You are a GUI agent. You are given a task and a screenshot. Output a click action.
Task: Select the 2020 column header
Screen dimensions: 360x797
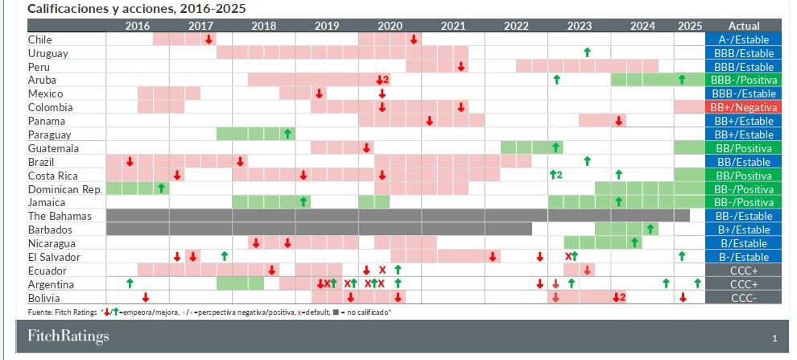[x=390, y=26]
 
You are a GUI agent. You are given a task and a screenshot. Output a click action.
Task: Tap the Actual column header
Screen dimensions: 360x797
[x=743, y=26]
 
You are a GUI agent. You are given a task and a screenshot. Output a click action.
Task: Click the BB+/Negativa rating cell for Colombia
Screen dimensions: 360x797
[x=743, y=107]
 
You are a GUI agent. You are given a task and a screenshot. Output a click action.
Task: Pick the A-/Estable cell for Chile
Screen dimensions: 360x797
[x=743, y=39]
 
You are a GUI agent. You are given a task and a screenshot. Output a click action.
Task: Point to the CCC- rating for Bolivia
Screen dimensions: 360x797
[x=743, y=298]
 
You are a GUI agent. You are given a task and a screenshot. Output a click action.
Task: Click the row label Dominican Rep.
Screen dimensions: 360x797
[x=60, y=189]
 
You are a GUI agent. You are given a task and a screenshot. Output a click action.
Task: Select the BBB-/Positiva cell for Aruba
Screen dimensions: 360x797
[x=743, y=81]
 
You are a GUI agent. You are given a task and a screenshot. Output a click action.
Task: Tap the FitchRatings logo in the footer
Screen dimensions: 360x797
[x=68, y=336]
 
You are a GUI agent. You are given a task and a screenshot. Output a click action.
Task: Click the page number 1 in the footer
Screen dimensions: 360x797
[x=774, y=337]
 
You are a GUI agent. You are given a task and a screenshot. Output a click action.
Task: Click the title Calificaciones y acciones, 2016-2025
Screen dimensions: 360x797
[x=137, y=8]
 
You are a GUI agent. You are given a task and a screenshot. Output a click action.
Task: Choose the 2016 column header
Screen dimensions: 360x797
[x=138, y=26]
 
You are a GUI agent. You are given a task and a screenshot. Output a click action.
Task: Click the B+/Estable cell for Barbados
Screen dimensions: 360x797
[x=743, y=230]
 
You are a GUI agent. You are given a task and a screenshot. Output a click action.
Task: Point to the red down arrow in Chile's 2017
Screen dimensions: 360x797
[x=209, y=39]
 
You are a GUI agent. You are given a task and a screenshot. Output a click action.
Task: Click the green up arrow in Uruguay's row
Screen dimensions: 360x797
[x=587, y=52]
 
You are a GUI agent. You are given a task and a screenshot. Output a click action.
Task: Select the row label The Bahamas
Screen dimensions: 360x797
[x=60, y=216]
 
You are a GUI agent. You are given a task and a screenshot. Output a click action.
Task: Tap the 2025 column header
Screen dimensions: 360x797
[x=690, y=26]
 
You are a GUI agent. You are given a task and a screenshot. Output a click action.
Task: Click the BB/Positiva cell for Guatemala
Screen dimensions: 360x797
[x=743, y=148]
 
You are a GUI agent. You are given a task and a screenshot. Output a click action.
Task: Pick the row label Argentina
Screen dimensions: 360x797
[x=51, y=284]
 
